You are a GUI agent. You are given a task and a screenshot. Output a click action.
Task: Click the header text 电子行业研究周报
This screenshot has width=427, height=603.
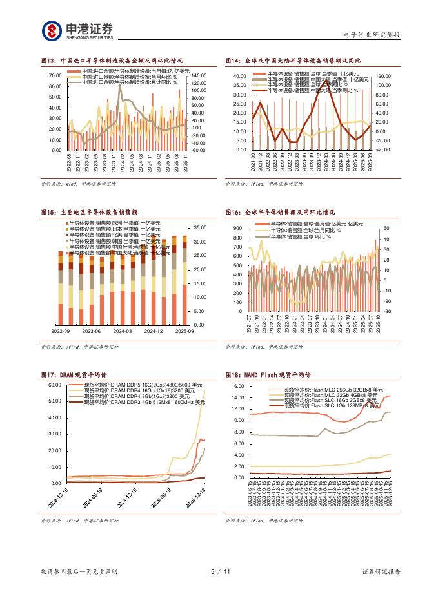pyautogui.click(x=372, y=34)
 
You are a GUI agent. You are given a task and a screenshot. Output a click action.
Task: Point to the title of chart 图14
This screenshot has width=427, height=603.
pyautogui.click(x=293, y=60)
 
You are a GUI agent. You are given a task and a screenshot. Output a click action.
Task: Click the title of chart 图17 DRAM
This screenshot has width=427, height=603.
pyautogui.click(x=74, y=374)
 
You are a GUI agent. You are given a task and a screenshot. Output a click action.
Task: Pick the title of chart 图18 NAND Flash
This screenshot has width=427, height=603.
pyautogui.click(x=268, y=374)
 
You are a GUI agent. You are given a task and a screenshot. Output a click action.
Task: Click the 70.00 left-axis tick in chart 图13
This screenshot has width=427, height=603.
pyautogui.click(x=55, y=76)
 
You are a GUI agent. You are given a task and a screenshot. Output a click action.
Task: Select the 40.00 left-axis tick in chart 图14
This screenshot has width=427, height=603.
pyautogui.click(x=239, y=76)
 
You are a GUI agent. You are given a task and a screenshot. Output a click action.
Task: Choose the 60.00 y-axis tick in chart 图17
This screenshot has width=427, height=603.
pyautogui.click(x=54, y=385)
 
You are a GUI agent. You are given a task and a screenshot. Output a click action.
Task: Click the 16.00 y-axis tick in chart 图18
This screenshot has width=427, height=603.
pyautogui.click(x=235, y=386)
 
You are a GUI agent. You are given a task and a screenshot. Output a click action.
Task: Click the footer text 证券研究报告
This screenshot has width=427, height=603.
pyautogui.click(x=381, y=571)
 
